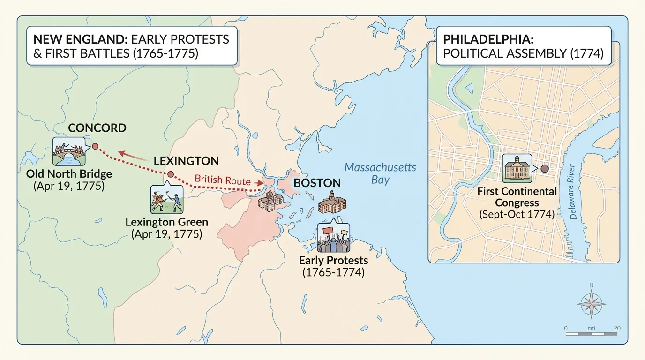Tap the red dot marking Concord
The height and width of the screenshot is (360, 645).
tap(95, 147)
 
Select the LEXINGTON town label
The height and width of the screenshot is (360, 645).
tap(186, 161)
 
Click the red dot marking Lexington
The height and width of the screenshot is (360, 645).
tap(171, 174)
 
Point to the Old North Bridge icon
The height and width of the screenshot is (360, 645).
tap(68, 152)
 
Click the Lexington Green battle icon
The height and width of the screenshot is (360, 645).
tap(166, 200)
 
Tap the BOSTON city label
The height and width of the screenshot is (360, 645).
tap(317, 183)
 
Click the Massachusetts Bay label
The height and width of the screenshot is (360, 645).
tap(380, 173)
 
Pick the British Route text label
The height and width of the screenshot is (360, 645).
tap(222, 179)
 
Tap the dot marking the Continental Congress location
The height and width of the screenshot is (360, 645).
tap(544, 168)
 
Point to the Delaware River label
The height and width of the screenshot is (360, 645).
tap(572, 199)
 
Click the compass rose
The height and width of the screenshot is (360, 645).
tap(591, 304)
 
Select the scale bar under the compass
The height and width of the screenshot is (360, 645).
tap(591, 334)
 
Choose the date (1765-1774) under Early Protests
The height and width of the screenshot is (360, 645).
tap(333, 272)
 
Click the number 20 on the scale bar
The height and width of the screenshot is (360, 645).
tap(616, 328)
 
